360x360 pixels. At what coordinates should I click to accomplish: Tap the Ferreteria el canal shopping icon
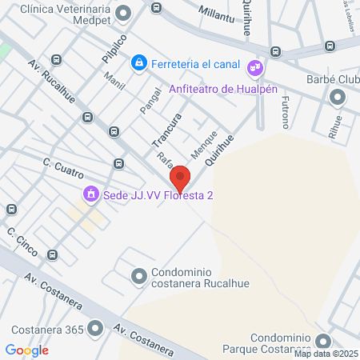click(139, 62)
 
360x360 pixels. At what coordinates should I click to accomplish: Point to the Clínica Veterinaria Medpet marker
click(123, 13)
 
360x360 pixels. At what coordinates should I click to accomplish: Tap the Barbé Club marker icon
click(337, 97)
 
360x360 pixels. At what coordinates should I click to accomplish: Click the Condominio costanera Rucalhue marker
click(139, 276)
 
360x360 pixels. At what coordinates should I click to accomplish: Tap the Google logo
click(27, 350)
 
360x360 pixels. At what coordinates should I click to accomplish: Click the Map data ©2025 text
click(326, 354)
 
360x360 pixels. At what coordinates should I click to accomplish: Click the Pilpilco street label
click(114, 49)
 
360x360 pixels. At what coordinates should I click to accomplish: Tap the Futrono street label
click(284, 112)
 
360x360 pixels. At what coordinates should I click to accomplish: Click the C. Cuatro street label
click(63, 169)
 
